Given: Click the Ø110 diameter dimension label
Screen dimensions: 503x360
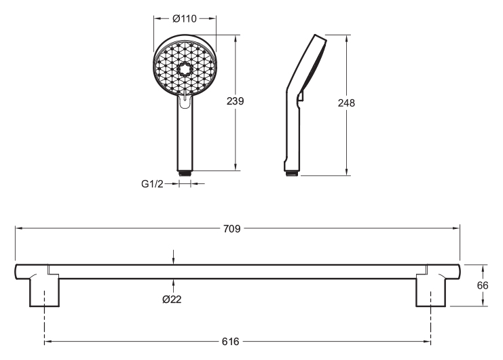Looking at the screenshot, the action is click(x=185, y=18).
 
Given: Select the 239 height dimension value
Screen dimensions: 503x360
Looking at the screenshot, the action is click(x=235, y=101).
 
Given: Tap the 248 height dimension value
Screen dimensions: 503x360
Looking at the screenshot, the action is click(x=346, y=103).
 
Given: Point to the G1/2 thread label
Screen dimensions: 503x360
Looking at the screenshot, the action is click(x=152, y=184).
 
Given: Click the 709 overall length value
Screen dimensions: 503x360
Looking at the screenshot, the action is click(x=231, y=229).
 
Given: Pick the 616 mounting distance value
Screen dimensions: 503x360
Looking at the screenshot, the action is click(x=230, y=342).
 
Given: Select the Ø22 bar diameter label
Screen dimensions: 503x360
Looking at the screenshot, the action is click(x=172, y=300).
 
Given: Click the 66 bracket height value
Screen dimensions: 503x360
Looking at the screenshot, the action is click(x=483, y=285).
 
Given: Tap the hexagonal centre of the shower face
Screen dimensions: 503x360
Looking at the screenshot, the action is click(x=185, y=69).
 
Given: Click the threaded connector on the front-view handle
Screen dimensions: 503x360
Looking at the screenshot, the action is click(x=185, y=173).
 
